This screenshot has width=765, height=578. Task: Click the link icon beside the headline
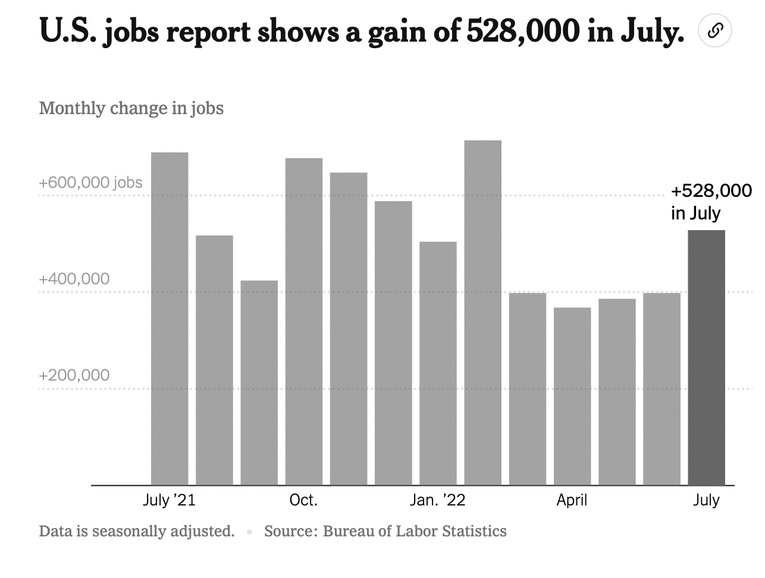(x=715, y=30)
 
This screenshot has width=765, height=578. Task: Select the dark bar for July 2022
(x=706, y=357)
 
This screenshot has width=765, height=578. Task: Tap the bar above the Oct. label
(x=303, y=321)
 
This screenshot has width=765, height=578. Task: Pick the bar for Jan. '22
(x=438, y=363)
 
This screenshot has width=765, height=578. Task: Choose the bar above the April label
(x=572, y=395)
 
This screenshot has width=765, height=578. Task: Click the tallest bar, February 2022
(x=482, y=312)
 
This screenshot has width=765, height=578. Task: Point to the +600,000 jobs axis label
(x=90, y=183)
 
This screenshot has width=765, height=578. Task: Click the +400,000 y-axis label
(x=74, y=279)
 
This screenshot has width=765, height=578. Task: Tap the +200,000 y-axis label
(x=74, y=375)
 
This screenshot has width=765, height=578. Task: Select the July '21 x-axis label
(x=169, y=500)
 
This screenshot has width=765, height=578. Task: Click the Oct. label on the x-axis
(x=303, y=500)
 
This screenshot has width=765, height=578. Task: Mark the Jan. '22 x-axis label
(x=437, y=500)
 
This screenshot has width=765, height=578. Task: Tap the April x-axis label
(x=572, y=500)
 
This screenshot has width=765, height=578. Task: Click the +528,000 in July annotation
(x=711, y=202)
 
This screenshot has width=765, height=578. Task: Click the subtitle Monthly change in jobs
(x=131, y=108)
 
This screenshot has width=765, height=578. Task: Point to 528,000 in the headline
(x=522, y=32)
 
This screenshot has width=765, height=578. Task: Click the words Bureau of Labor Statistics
(x=415, y=531)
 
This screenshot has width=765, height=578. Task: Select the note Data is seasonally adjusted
(x=137, y=531)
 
